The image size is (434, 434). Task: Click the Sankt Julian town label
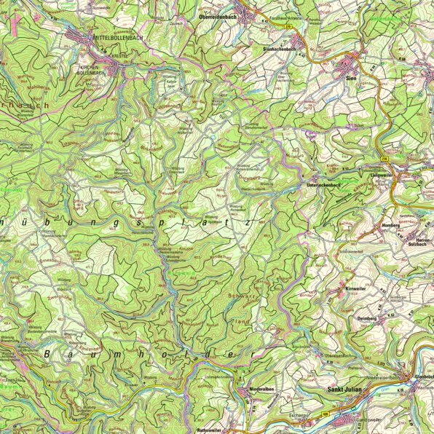(x=346, y=391)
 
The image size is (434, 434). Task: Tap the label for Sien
(x=351, y=76)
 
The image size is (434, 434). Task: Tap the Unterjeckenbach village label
(x=321, y=186)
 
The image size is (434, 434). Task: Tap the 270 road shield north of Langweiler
(x=384, y=158)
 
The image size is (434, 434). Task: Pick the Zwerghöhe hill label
(x=58, y=296)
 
